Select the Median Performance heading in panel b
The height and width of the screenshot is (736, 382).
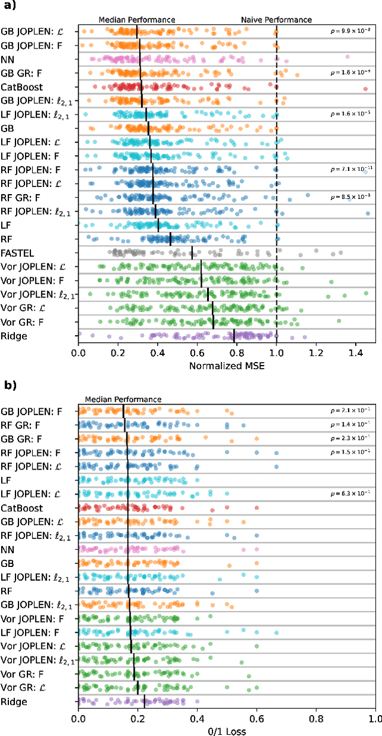pyautogui.click(x=123, y=398)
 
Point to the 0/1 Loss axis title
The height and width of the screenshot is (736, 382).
pyautogui.click(x=227, y=730)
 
